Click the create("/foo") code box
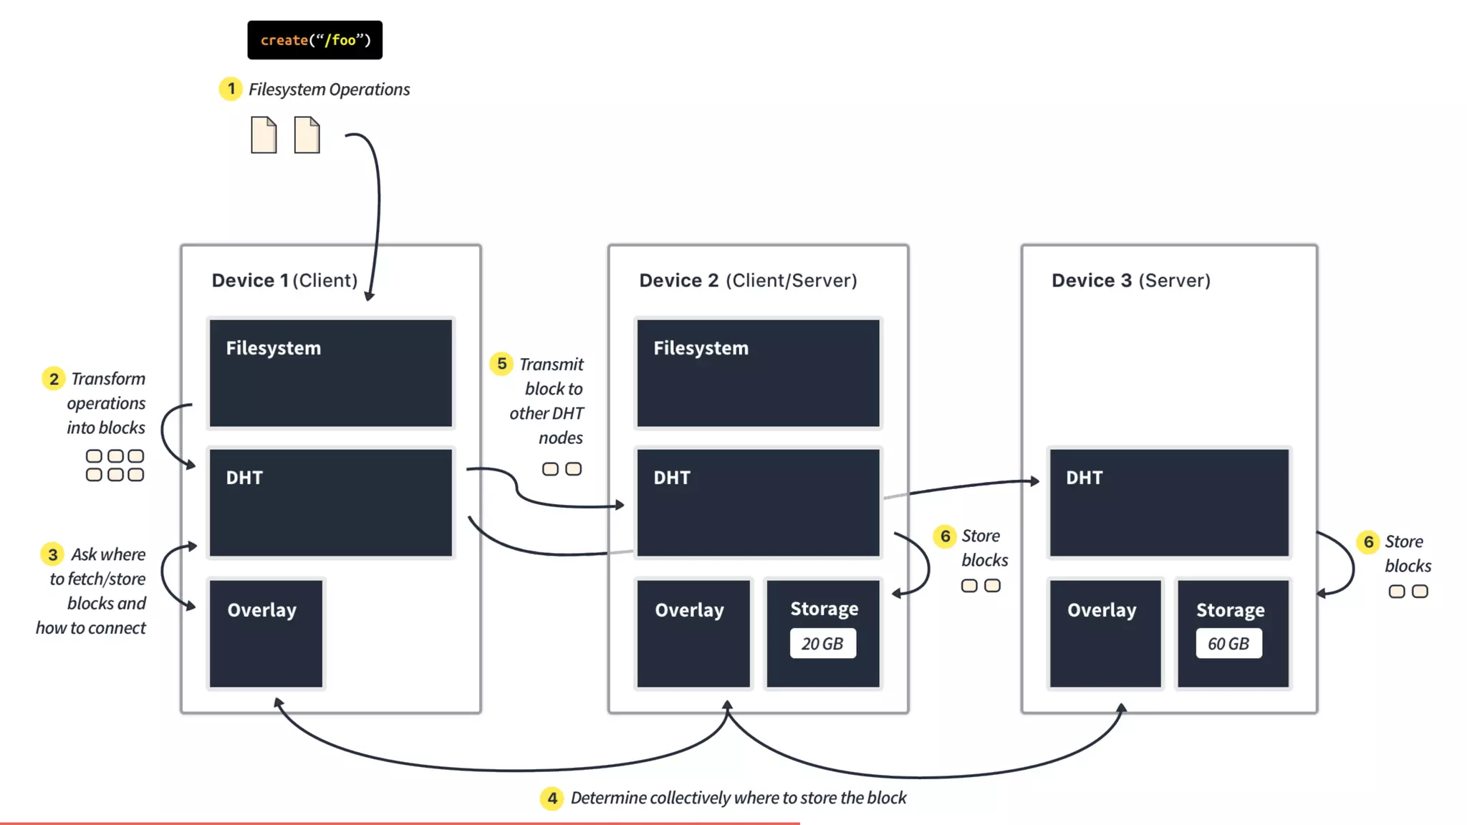[x=314, y=40]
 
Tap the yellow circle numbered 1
[x=231, y=89]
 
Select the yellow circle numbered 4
[x=552, y=798]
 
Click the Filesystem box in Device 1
[x=330, y=372]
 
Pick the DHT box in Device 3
[x=1169, y=502]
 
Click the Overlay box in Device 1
[x=266, y=633]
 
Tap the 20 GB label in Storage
[x=822, y=643]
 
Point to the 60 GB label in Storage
[x=1228, y=643]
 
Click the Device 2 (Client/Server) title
[x=748, y=280]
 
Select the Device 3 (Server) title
[x=1131, y=280]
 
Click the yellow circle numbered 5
[x=501, y=364]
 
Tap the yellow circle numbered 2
[x=54, y=378]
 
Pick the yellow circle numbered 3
[x=52, y=554]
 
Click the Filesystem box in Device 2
[x=758, y=372]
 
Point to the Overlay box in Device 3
[x=1105, y=633]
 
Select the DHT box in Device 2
[x=758, y=502]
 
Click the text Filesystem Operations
[x=329, y=90]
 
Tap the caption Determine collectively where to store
[x=738, y=798]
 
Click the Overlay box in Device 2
[x=693, y=633]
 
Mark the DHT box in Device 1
[x=330, y=502]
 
